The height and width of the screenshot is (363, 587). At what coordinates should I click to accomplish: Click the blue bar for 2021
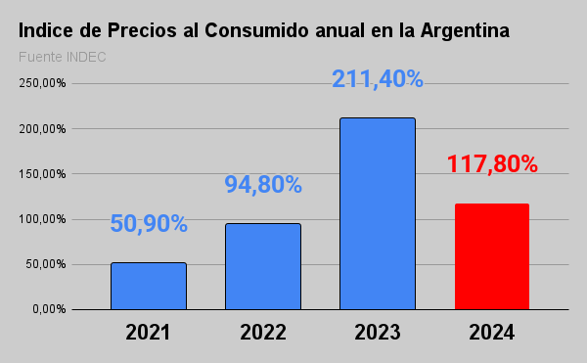click(148, 286)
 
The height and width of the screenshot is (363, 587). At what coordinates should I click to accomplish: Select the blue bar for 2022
click(262, 266)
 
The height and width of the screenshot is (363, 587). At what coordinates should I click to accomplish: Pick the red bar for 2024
click(492, 256)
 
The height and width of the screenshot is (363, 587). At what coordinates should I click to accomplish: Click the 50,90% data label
click(148, 223)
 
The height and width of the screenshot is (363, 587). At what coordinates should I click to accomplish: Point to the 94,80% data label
click(262, 184)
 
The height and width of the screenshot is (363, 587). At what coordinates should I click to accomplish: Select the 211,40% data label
click(377, 78)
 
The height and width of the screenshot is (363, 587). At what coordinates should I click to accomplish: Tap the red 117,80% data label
click(492, 163)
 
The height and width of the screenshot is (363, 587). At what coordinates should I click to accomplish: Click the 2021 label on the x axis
click(148, 332)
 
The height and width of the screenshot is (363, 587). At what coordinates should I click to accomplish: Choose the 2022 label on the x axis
click(262, 332)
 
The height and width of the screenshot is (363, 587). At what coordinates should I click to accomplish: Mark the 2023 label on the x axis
click(377, 332)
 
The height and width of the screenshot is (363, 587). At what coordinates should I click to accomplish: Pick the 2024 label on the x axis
click(492, 332)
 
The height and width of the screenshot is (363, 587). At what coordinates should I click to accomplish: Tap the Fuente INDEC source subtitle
click(62, 56)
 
